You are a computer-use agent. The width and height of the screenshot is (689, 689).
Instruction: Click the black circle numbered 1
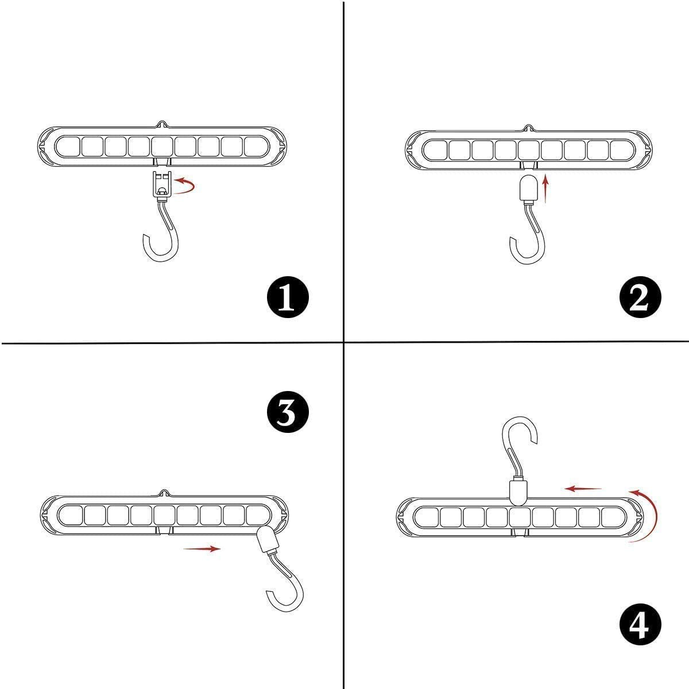coord(288,297)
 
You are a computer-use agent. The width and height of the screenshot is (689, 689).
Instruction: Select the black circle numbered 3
coord(288,412)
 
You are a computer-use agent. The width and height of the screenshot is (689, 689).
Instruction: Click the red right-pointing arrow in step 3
coord(202,549)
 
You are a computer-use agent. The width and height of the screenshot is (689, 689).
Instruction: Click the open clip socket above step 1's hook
coord(162,184)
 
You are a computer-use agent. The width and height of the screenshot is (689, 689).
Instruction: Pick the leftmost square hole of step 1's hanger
coord(68,146)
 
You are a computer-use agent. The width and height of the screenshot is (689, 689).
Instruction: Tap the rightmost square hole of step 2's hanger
coord(621,150)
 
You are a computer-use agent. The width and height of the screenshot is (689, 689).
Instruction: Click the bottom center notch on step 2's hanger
coord(528,165)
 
